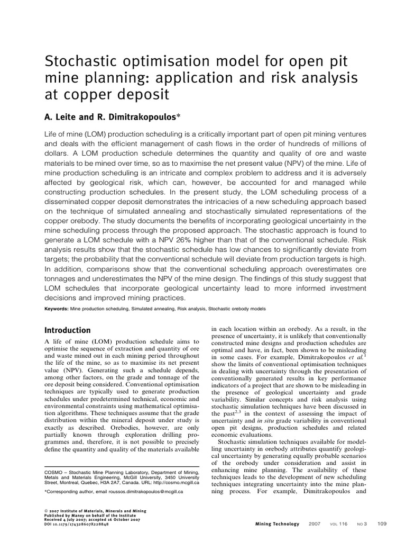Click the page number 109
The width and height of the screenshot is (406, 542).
[383, 524]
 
